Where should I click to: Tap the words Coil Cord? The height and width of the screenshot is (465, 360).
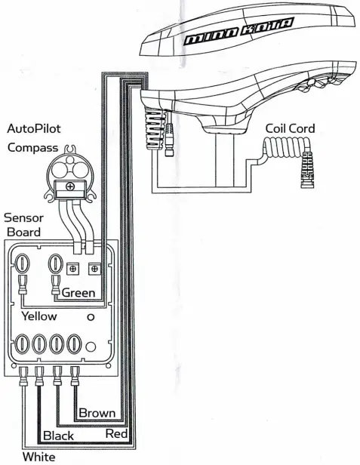click(290, 128)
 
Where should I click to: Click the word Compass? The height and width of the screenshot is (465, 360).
click(32, 147)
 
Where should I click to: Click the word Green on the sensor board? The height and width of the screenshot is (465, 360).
click(78, 292)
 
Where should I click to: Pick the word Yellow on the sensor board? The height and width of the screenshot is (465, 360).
click(39, 316)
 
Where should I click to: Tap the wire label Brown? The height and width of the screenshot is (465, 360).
click(98, 413)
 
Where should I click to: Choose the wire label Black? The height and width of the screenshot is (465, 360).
click(58, 436)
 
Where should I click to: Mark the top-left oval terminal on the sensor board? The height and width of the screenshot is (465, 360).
click(23, 265)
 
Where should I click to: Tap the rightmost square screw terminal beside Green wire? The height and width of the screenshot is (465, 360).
click(94, 268)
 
